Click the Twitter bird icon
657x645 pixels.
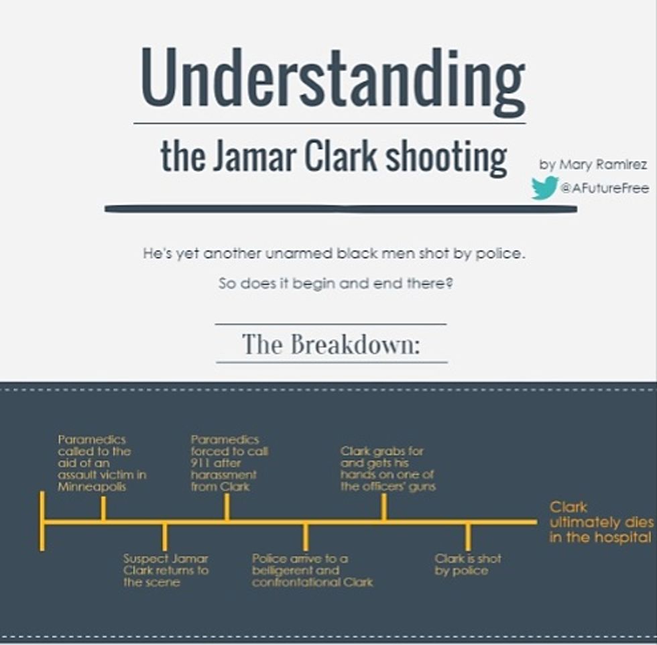[x=544, y=188]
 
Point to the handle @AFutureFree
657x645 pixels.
[x=605, y=189]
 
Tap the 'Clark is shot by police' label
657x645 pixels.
[x=467, y=565]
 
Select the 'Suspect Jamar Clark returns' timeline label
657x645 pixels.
[x=166, y=571]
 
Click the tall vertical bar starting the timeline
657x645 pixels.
[x=42, y=522]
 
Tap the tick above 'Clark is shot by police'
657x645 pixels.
[x=468, y=536]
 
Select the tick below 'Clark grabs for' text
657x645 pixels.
[x=383, y=507]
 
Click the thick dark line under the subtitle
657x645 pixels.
[x=341, y=209]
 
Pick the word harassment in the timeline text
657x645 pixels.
[x=224, y=475]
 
